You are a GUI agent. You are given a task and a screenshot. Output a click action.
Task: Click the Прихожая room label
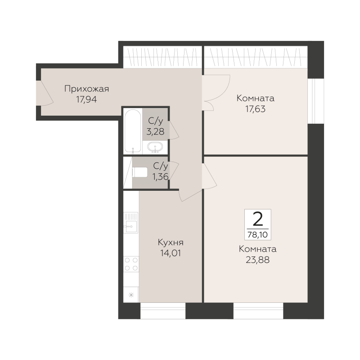point(86,89)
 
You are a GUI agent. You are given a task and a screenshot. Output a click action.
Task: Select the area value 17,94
point(86,99)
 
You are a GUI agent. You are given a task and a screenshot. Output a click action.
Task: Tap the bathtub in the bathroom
point(133,131)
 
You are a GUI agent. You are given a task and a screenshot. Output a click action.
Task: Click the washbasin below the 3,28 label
point(155,147)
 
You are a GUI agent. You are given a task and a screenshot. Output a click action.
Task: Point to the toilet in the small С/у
point(140,172)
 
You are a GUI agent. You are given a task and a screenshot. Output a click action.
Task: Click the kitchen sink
point(131,222)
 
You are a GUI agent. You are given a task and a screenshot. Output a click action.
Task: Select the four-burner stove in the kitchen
point(131,264)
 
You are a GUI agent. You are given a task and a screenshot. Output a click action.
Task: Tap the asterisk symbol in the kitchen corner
point(131,295)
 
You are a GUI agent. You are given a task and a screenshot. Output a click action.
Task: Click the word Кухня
point(171,243)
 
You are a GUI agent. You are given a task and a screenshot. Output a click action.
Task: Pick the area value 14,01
point(171,253)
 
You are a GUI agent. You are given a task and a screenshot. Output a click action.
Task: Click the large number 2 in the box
point(258,219)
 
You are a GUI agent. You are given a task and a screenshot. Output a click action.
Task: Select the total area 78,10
point(257,234)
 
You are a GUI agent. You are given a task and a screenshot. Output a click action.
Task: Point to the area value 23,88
point(257,260)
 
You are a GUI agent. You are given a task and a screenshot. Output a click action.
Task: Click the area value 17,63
point(256,109)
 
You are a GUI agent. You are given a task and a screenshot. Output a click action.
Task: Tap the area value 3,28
point(155,131)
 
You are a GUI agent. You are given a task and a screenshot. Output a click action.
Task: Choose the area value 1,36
point(161,176)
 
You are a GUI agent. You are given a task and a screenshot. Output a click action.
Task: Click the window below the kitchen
point(163,311)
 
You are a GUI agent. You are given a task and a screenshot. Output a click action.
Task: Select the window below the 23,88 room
point(258,311)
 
